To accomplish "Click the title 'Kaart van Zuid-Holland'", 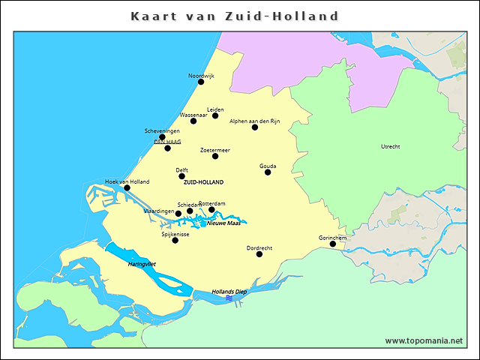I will tap(235, 16).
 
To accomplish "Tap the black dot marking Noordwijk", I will tap(201, 82).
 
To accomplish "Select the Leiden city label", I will tap(215, 109).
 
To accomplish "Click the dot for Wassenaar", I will tap(193, 121).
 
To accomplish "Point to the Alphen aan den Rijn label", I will tap(254, 121).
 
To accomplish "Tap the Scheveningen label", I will tap(162, 130).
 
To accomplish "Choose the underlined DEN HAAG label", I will tap(167, 141).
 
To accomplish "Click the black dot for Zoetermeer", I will tap(215, 156).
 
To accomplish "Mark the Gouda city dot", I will tap(268, 172).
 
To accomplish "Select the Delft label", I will tap(182, 169).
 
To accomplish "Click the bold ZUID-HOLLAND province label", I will tap(203, 182).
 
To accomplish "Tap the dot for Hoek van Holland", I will tap(127, 187).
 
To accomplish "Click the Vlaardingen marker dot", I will tap(178, 214).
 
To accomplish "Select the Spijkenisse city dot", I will tap(175, 240).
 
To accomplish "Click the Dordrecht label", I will tap(259, 247).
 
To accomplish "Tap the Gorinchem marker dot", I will tap(333, 243).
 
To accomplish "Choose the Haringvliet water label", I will tap(141, 264).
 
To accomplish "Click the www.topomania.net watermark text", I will tap(424, 340).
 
